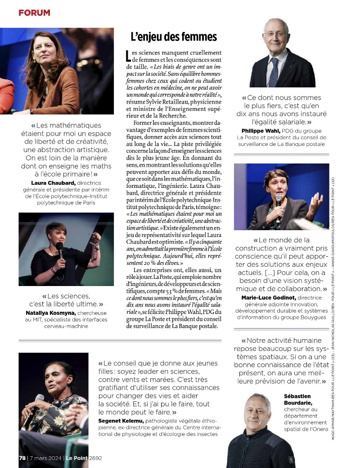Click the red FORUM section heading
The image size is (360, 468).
point(34,13)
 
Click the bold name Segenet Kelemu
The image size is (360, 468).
point(118,420)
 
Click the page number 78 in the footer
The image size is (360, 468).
point(22,458)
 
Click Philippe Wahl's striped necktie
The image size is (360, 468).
point(274,72)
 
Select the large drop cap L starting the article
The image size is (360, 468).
point(129,56)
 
